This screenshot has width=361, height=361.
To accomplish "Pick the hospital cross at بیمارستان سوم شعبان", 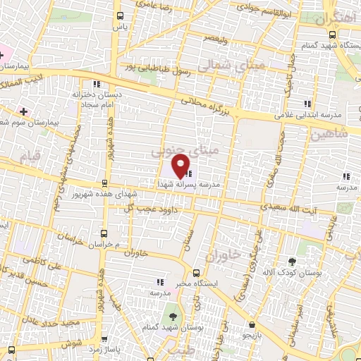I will pyautogui.click(x=25, y=111).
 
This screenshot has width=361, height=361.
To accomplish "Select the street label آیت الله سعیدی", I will pyautogui.click(x=285, y=208).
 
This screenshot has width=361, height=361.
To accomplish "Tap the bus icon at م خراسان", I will pyautogui.click(x=104, y=233).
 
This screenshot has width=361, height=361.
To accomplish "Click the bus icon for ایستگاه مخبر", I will pyautogui.click(x=196, y=271).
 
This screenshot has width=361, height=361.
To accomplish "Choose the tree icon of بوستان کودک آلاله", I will pyautogui.click(x=291, y=259).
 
